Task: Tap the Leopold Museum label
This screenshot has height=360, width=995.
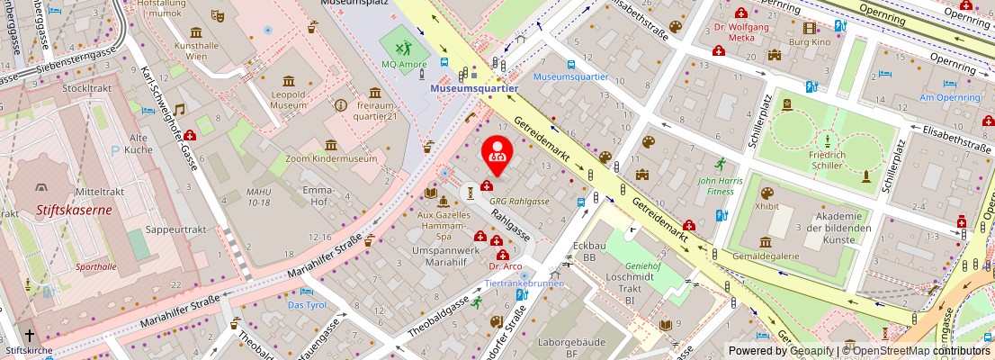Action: (289, 98)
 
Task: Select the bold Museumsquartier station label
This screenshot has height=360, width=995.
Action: (474, 89)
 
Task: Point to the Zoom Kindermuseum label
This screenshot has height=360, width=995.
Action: (331, 159)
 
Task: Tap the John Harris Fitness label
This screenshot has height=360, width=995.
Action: (719, 184)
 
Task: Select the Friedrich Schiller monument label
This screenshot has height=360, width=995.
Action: (827, 160)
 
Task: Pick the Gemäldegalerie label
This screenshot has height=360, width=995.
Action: (766, 256)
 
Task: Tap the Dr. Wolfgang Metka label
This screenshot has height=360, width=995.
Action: (740, 32)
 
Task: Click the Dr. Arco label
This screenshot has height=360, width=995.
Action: (505, 266)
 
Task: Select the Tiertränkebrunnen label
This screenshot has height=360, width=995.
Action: (524, 283)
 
